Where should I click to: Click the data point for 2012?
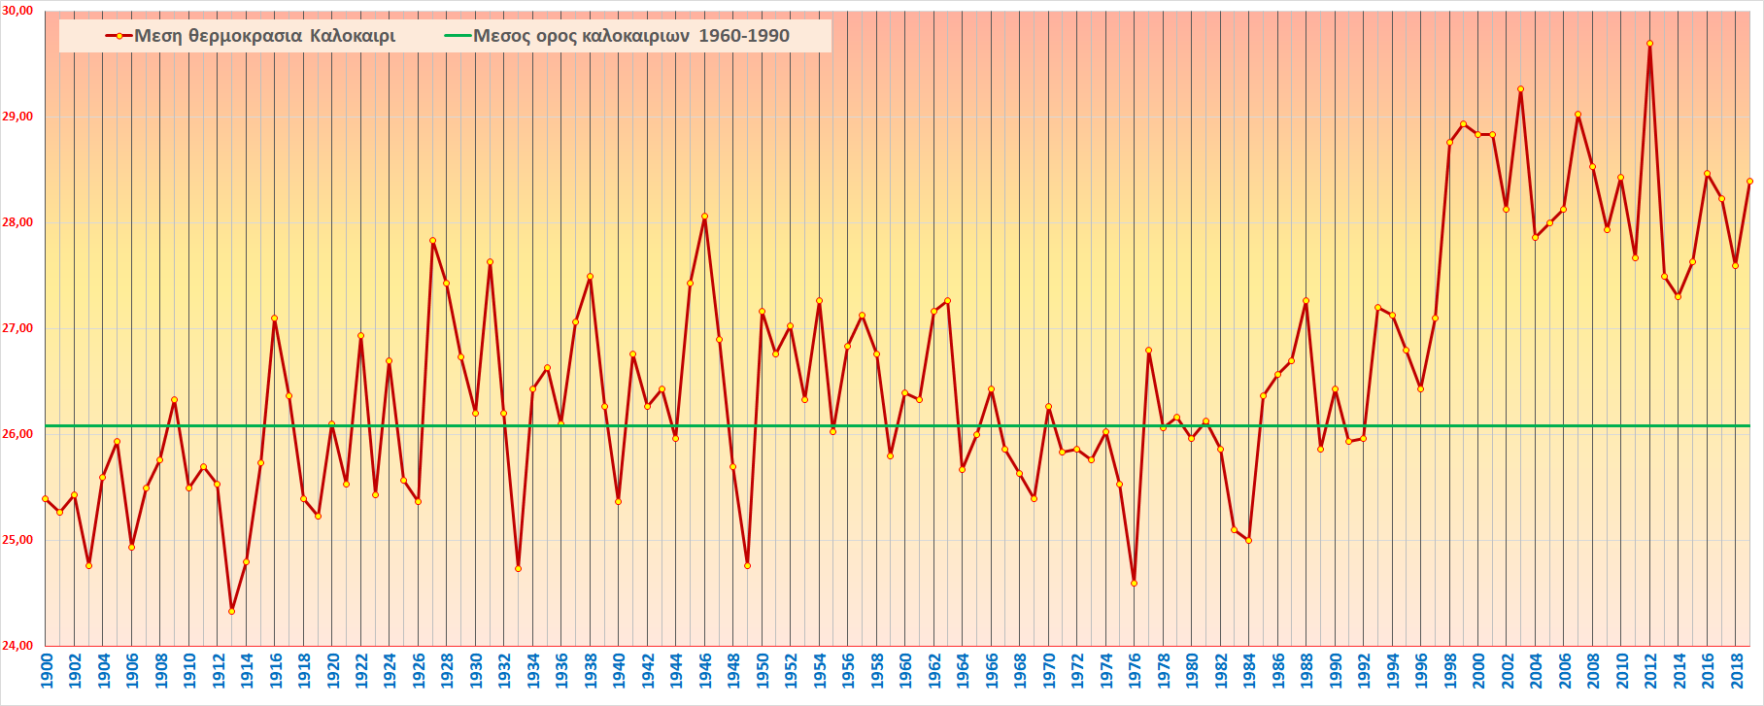tap(1649, 44)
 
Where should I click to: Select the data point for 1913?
tap(231, 611)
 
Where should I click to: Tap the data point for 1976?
tap(1134, 584)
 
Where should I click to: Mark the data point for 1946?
tap(704, 217)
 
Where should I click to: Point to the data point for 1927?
tap(432, 241)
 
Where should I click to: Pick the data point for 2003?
tap(1520, 89)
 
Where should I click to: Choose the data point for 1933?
tap(518, 568)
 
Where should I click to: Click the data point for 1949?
tap(747, 565)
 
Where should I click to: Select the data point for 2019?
tap(1749, 181)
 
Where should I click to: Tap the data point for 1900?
tap(46, 499)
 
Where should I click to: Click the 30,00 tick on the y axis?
tap(19, 11)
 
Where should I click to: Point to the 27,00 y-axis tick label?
tap(19, 328)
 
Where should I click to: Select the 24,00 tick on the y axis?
tap(19, 646)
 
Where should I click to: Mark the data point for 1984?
tap(1248, 540)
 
